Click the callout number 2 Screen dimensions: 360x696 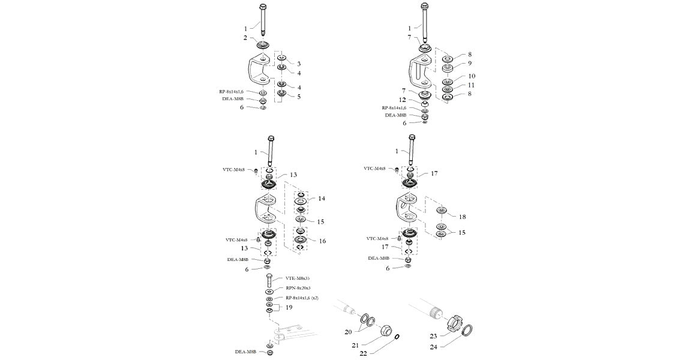pos(245,37)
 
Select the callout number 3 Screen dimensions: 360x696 pos(299,63)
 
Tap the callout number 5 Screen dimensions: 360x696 pos(299,96)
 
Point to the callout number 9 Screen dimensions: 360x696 pos(470,63)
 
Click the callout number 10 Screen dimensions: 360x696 pos(472,76)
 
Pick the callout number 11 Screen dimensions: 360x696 pos(472,85)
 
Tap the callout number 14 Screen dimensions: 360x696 pos(322,198)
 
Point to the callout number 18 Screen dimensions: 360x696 pos(463,216)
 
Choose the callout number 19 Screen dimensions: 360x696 pos(289,307)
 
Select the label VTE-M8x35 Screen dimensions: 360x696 pos(298,278)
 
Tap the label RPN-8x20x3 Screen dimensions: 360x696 pos(298,288)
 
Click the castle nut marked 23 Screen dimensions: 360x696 pos(457,321)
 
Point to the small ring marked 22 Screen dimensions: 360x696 pos(398,337)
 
